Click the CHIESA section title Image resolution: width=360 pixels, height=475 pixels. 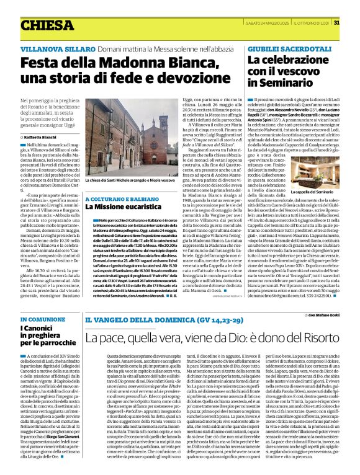[47, 25]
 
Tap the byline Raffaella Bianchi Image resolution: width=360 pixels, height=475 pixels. [42, 136]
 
